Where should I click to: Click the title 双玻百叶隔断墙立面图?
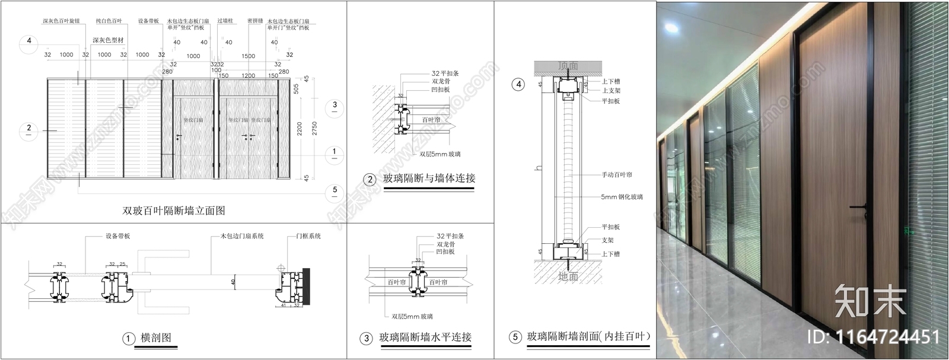click(x=173, y=211)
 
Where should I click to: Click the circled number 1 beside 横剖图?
click(x=129, y=339)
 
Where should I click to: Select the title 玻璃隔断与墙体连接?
click(x=429, y=178)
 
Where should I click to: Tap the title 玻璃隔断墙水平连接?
click(x=425, y=337)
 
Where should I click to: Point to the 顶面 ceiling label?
click(x=568, y=65)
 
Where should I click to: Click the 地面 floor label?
click(x=568, y=276)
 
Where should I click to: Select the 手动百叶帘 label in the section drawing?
click(x=617, y=175)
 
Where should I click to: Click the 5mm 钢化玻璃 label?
click(x=622, y=196)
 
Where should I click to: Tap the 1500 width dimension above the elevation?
click(x=248, y=56)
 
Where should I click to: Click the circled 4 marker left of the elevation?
click(x=28, y=42)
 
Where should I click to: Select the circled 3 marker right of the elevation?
click(x=335, y=105)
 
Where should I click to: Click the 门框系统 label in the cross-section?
click(x=308, y=236)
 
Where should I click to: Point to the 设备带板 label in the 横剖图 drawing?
click(x=118, y=236)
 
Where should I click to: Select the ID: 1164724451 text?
click(x=874, y=337)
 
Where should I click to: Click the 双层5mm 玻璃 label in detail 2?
click(x=440, y=154)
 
